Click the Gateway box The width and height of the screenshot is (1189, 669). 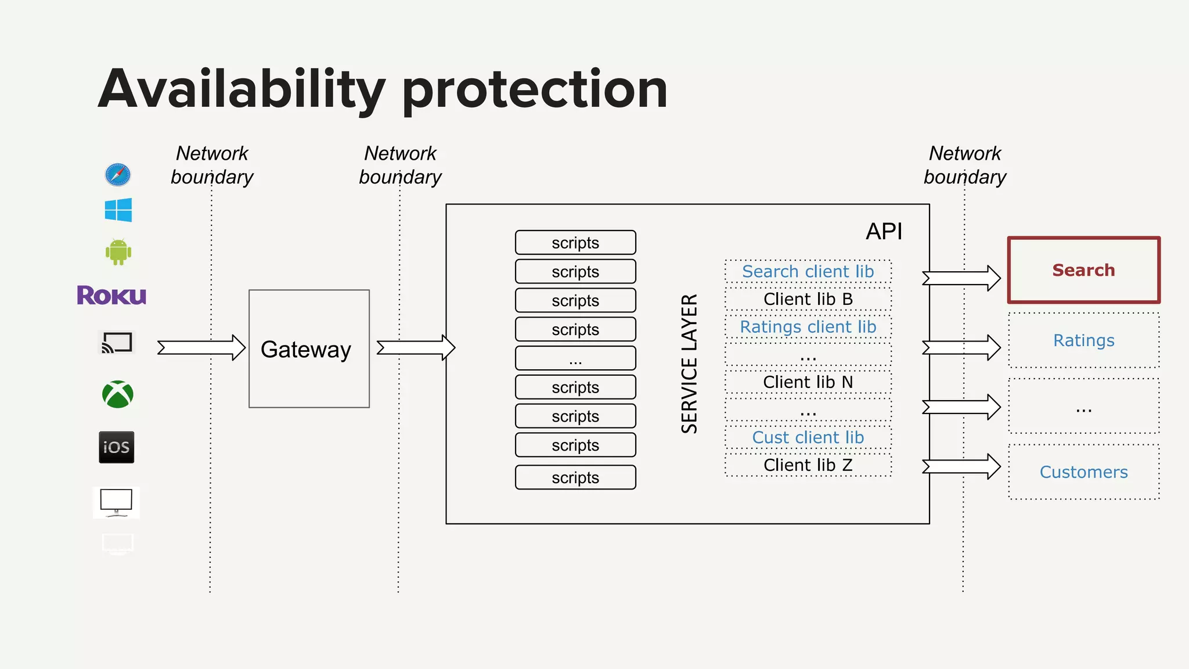309,348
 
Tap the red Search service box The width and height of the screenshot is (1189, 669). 1083,270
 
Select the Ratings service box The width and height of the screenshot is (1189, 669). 1083,340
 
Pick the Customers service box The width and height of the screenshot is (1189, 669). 1083,472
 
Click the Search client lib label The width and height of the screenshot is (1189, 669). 808,271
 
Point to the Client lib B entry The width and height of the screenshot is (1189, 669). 808,299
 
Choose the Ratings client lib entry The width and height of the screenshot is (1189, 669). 808,327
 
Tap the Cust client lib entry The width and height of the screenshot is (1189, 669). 808,437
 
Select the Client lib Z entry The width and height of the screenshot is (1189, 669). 808,465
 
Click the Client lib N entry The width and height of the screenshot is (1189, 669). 808,382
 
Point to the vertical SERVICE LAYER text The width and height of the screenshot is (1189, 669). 689,364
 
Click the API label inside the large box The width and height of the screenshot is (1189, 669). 884,232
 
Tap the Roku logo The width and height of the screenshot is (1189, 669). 111,295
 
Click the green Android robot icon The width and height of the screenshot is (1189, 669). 118,252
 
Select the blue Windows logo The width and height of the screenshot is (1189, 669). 118,210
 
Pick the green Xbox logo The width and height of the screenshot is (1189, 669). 118,394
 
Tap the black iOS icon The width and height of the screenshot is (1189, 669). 117,447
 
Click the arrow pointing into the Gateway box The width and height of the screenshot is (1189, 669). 201,348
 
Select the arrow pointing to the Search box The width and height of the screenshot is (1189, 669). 961,278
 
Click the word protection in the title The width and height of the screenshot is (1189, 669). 534,90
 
